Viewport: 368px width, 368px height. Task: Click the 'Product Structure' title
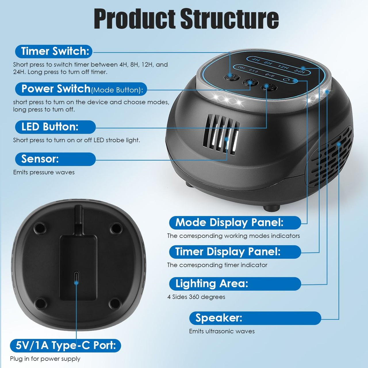click(x=186, y=19)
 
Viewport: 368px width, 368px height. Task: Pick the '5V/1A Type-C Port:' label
click(x=66, y=345)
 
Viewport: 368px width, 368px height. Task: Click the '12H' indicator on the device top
click(x=283, y=67)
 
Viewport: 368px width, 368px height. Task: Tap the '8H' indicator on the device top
click(x=268, y=63)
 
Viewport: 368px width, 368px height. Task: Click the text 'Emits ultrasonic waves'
click(x=222, y=331)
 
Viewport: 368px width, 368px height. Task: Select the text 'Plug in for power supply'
click(x=45, y=359)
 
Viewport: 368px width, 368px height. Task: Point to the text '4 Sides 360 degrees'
click(x=196, y=297)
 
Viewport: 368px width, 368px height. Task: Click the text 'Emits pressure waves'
click(x=44, y=172)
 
